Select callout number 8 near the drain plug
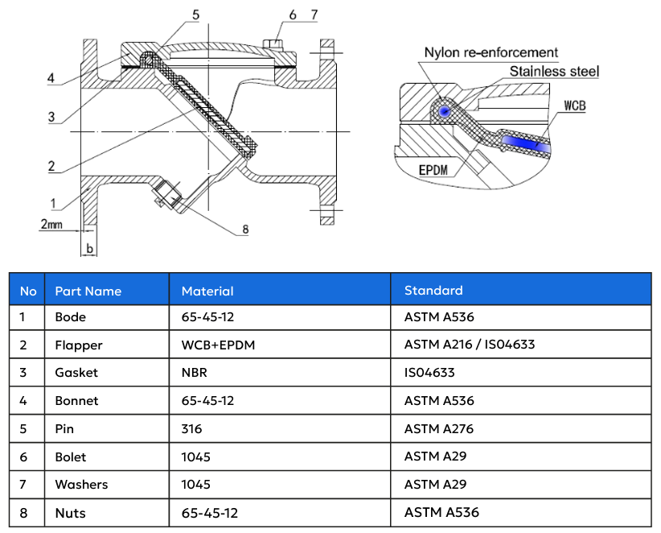pos(245,229)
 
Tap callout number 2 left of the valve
pos(51,166)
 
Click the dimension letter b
pos(90,249)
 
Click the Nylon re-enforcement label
pos(491,53)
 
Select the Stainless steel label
pos(554,72)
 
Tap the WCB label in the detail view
pos(574,105)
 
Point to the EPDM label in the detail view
pos(437,171)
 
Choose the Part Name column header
pos(88,291)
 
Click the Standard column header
pos(433,290)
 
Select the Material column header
pos(207,291)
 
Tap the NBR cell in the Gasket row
pos(194,373)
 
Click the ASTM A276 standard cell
pos(439,428)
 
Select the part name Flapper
pos(79,345)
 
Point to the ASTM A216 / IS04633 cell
pos(470,345)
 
